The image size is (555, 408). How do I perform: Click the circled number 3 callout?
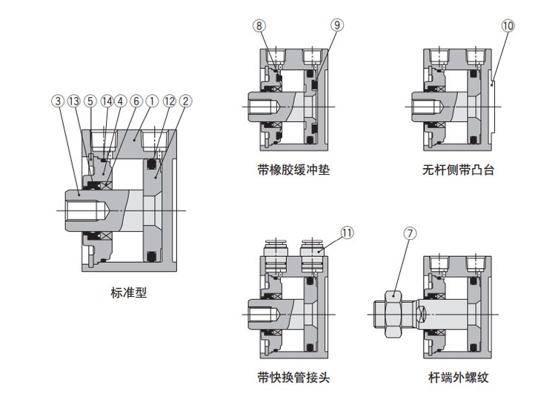(58, 100)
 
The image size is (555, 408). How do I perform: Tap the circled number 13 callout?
(73, 100)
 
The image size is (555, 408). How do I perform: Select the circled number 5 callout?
(90, 100)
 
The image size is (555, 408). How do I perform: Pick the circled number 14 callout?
(107, 100)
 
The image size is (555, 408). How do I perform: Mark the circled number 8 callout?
(259, 26)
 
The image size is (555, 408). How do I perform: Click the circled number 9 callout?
(337, 26)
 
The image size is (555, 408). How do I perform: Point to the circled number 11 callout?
(348, 231)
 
